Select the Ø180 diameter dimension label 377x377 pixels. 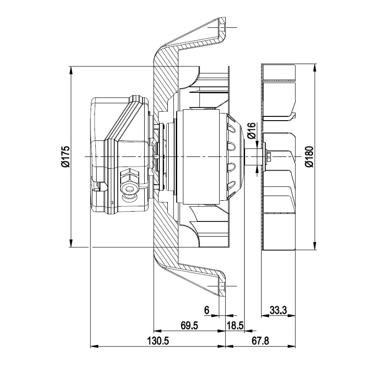tap(310, 156)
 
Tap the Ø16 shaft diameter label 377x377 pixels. tap(252, 131)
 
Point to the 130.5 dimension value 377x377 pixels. tap(158, 341)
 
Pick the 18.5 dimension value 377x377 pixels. tap(235, 326)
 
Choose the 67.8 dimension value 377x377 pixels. tap(261, 341)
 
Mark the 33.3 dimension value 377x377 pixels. tap(278, 310)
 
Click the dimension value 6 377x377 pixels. tap(207, 310)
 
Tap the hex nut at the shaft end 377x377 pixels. tap(269, 156)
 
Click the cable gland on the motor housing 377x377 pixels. tap(130, 184)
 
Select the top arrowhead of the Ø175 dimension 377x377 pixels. tap(71, 70)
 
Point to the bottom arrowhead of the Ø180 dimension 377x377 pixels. tap(314, 246)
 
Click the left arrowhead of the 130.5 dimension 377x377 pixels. tap(95, 346)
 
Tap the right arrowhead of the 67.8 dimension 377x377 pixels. tap(291, 346)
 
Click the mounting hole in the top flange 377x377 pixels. tap(222, 27)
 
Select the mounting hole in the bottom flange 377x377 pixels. tap(222, 286)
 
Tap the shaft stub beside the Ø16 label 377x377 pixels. tap(254, 156)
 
